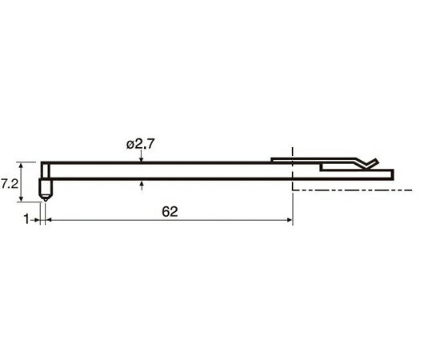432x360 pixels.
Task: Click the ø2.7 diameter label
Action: tap(141, 144)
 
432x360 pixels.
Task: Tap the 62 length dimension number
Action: tap(170, 211)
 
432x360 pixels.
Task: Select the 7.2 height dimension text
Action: tap(9, 184)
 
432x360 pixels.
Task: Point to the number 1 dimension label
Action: tap(26, 219)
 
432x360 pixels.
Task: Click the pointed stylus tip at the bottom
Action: tap(45, 199)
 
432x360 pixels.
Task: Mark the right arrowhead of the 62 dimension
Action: tap(290, 220)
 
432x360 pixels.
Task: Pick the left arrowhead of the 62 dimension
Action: tap(49, 220)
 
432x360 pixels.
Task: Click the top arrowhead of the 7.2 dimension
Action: tap(21, 165)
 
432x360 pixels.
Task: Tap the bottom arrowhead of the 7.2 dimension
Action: tap(21, 199)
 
